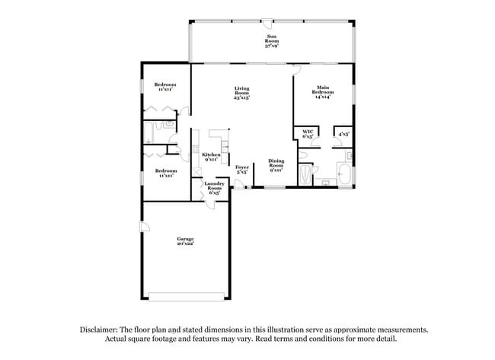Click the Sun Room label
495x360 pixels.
(271, 41)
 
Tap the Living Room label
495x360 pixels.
(242, 94)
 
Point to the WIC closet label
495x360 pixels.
(308, 134)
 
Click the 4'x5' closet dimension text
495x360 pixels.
(343, 134)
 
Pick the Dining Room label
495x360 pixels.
(276, 165)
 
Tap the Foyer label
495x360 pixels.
(242, 169)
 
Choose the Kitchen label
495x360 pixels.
(211, 158)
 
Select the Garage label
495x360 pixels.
(186, 241)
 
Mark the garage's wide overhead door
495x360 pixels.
(186, 295)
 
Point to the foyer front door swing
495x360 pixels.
(239, 186)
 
